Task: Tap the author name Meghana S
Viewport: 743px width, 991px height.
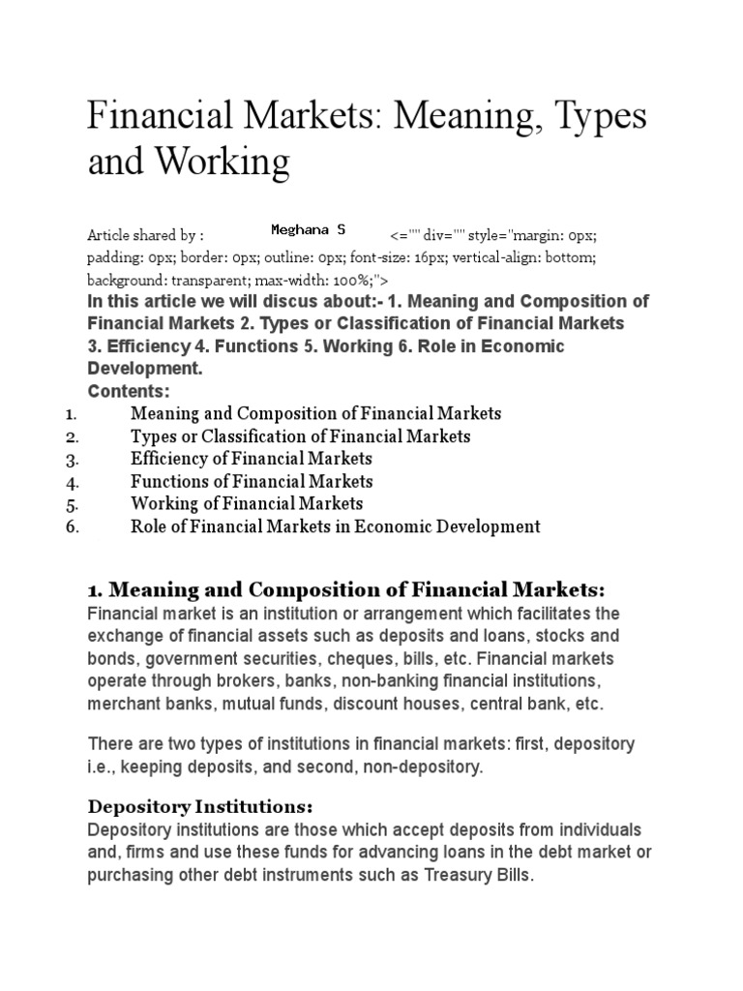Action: click(x=307, y=229)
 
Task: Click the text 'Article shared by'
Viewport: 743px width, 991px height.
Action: click(x=145, y=235)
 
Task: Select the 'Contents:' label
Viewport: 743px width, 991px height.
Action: click(x=129, y=391)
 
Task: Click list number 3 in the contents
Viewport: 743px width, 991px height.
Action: click(x=72, y=459)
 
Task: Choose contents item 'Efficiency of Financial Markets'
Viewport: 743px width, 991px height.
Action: click(x=251, y=459)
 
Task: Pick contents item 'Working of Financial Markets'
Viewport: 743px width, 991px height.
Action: click(x=247, y=503)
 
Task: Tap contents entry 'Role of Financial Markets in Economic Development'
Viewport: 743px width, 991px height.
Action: click(x=335, y=526)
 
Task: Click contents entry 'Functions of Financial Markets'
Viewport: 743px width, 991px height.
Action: click(x=252, y=481)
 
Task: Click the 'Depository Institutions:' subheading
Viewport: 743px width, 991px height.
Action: click(x=201, y=806)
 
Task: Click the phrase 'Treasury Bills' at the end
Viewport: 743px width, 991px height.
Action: click(x=481, y=875)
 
